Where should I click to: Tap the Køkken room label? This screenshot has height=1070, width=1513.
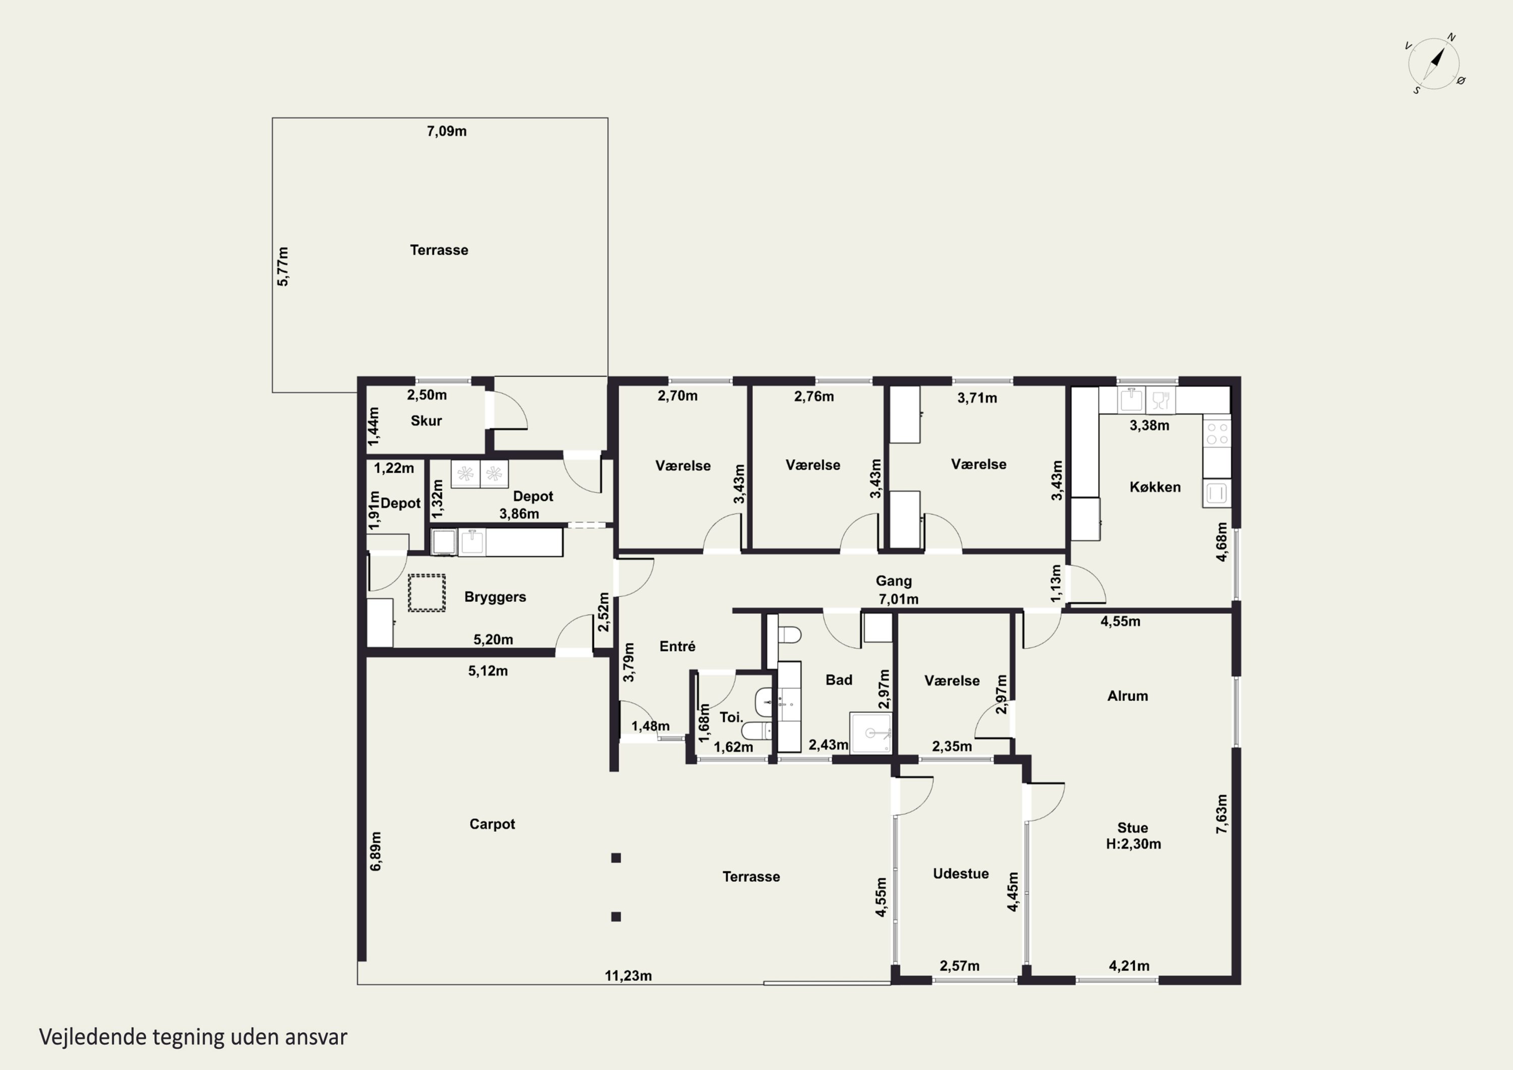(1155, 487)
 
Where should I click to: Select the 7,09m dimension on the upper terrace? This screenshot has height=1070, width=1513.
(447, 131)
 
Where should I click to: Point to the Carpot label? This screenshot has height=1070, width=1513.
(492, 824)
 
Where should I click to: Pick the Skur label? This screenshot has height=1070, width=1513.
(426, 421)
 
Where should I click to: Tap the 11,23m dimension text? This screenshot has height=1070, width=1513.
(629, 976)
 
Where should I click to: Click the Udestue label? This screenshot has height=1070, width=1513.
(961, 874)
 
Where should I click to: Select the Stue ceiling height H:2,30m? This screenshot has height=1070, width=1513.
(1133, 844)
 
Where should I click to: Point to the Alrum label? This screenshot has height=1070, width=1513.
(1128, 696)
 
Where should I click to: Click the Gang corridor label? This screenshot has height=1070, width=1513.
(894, 582)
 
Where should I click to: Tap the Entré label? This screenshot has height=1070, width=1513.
(677, 646)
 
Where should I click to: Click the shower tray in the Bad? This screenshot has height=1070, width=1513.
(870, 733)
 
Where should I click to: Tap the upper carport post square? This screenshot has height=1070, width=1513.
(616, 858)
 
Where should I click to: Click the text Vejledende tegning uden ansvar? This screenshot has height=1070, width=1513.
(193, 1037)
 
